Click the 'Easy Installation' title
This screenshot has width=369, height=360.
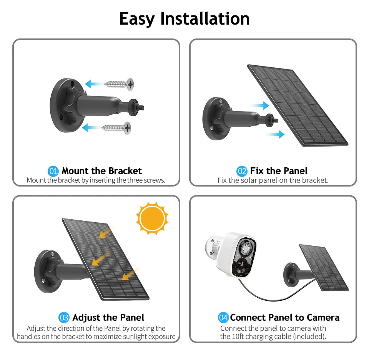point(184,19)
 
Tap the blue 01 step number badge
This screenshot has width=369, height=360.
point(53,171)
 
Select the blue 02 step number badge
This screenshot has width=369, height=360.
point(242,171)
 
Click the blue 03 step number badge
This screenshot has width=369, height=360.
point(64,318)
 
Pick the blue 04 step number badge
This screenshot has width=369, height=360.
point(223,318)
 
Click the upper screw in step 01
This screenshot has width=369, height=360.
point(119,84)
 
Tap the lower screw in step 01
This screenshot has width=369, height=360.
point(116,128)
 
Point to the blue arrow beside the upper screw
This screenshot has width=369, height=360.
point(94,84)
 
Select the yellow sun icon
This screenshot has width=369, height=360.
point(152,218)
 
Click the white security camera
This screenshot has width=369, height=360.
point(231,254)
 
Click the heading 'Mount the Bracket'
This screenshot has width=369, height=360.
point(101,171)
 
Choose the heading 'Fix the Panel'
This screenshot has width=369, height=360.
point(279,171)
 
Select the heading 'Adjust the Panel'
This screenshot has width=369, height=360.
point(108,318)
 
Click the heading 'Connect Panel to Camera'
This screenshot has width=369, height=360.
point(285,318)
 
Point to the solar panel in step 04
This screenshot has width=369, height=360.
point(324,267)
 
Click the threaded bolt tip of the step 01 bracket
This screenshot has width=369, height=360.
point(141,108)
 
